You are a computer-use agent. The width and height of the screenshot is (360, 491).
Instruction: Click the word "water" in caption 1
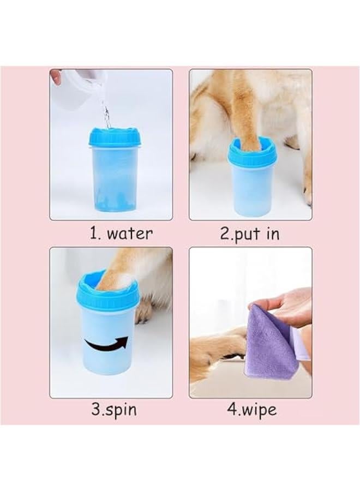click(130, 234)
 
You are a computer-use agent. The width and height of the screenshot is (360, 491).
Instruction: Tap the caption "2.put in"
click(249, 234)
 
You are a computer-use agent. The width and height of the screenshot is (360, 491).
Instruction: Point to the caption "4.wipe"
click(251, 410)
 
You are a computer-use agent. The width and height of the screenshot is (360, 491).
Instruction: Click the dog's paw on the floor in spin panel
click(144, 313)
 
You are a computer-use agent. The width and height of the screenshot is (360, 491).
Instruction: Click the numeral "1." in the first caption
click(95, 234)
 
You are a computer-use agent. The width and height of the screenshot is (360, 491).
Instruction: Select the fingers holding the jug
click(55, 76)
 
